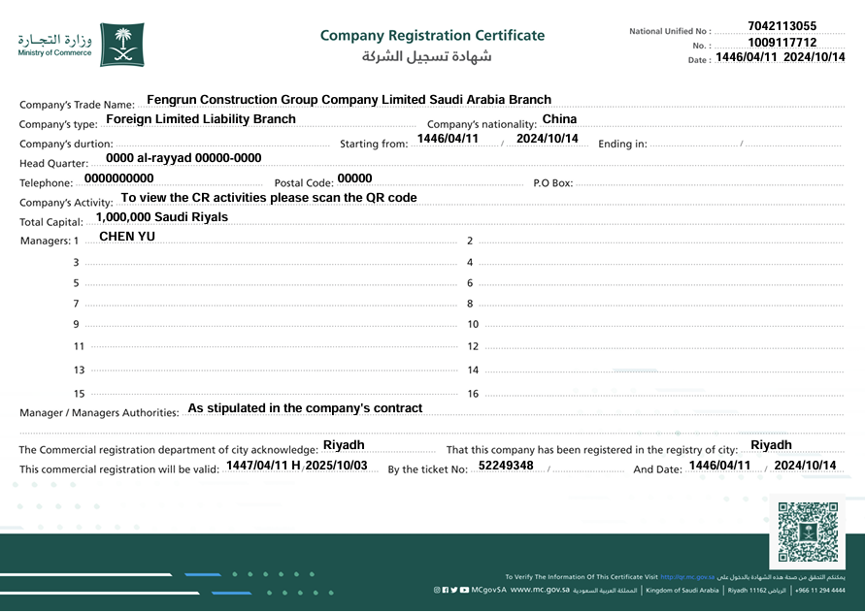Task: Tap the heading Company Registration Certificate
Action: tap(432, 36)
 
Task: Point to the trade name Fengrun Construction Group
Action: tap(349, 100)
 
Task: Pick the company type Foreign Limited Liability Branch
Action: tap(201, 119)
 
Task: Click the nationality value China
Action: tap(559, 119)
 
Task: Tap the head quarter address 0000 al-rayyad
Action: tap(183, 158)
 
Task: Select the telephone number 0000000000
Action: tap(119, 178)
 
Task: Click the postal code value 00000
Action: tap(354, 178)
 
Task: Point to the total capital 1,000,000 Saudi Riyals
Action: tap(162, 217)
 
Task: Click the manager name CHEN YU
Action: tap(127, 237)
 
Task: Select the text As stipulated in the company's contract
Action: tap(305, 408)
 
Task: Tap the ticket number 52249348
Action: tap(506, 466)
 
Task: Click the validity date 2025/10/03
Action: tap(336, 466)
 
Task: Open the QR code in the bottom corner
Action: tap(807, 532)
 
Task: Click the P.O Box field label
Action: tap(553, 183)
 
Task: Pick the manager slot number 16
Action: tap(473, 394)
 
